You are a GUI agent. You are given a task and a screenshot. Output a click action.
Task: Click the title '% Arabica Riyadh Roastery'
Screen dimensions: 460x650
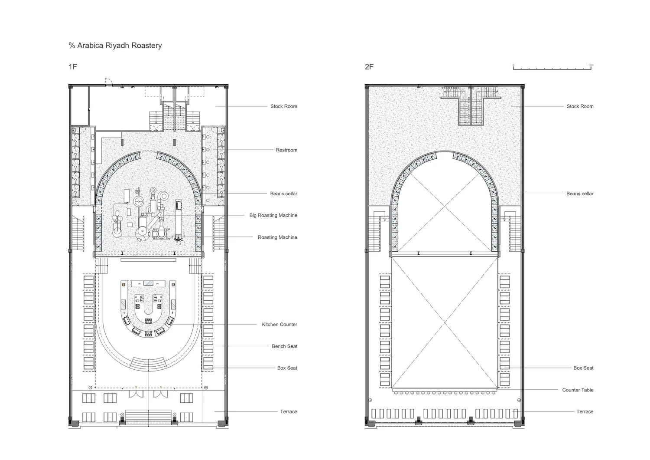(115, 45)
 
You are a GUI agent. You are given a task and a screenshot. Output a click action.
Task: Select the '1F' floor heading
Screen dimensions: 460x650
(73, 67)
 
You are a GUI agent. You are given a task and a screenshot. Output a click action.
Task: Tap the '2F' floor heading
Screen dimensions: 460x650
(369, 67)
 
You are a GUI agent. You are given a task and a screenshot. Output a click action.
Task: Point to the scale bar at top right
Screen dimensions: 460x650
(553, 68)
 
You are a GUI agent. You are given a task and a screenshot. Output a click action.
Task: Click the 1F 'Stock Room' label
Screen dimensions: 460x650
(283, 106)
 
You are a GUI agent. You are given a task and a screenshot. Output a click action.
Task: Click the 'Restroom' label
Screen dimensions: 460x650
(286, 150)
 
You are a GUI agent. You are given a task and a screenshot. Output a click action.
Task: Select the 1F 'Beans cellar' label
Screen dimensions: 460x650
(283, 194)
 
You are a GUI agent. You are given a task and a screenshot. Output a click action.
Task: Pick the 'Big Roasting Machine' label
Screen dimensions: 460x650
(273, 215)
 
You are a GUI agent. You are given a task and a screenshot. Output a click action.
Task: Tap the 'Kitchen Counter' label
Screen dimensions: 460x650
(279, 325)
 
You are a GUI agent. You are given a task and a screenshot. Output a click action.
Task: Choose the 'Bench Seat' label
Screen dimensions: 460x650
(284, 346)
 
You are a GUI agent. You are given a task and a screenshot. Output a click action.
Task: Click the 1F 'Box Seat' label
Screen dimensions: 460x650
(287, 368)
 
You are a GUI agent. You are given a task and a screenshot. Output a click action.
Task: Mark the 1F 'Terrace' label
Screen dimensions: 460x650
(288, 411)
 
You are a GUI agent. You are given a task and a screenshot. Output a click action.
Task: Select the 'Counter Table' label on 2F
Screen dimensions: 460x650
(578, 390)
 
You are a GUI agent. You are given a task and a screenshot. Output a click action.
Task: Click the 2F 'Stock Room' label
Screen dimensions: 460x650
(580, 106)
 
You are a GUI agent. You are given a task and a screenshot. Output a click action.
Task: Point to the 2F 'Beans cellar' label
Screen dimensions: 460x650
(580, 194)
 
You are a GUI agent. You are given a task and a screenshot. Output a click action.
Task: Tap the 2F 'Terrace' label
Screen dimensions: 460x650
(585, 411)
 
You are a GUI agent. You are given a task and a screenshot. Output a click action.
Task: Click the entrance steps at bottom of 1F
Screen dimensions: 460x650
(148, 416)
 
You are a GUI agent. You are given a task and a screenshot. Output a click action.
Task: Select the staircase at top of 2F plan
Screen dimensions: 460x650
(470, 106)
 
